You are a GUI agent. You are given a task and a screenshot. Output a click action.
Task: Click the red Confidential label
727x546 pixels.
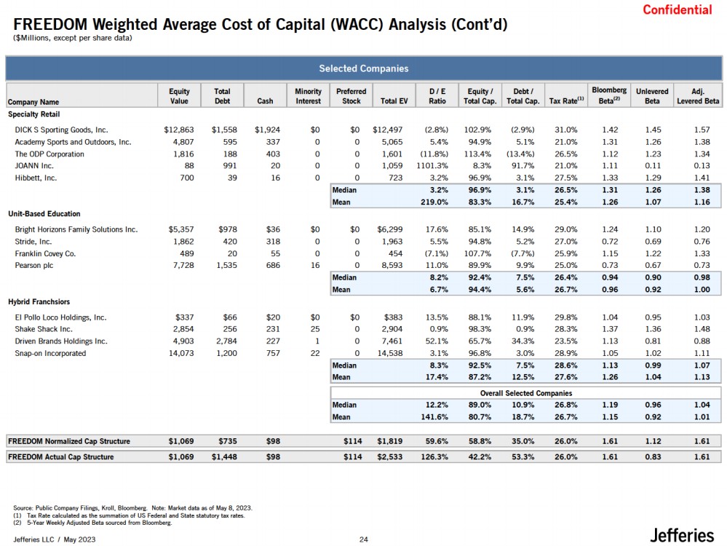(678, 9)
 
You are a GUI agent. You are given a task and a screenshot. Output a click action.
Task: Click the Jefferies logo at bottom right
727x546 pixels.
(682, 535)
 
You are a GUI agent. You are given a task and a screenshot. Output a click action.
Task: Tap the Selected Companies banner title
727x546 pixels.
(363, 68)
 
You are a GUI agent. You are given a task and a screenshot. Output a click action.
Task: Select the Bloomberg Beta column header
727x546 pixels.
(609, 95)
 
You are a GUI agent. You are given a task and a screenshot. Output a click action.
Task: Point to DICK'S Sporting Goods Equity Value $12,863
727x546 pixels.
(179, 130)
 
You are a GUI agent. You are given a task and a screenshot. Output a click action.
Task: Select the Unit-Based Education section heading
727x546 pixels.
(44, 214)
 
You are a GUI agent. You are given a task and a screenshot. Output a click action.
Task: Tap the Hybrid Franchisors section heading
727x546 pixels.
(39, 301)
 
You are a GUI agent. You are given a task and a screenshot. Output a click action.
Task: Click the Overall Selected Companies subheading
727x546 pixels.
(525, 393)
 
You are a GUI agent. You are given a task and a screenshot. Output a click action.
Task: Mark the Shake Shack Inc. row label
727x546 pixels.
(44, 329)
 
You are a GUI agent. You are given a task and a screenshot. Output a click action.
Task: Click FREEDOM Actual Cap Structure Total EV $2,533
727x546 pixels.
(389, 456)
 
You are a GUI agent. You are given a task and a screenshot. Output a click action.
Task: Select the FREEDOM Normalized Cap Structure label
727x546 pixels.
(69, 441)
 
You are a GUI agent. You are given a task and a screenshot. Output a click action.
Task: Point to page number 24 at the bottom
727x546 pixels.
(364, 539)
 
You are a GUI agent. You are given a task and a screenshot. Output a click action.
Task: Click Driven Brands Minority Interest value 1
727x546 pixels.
(317, 341)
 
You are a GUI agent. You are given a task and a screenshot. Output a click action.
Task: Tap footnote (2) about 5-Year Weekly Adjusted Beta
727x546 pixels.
(92, 523)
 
